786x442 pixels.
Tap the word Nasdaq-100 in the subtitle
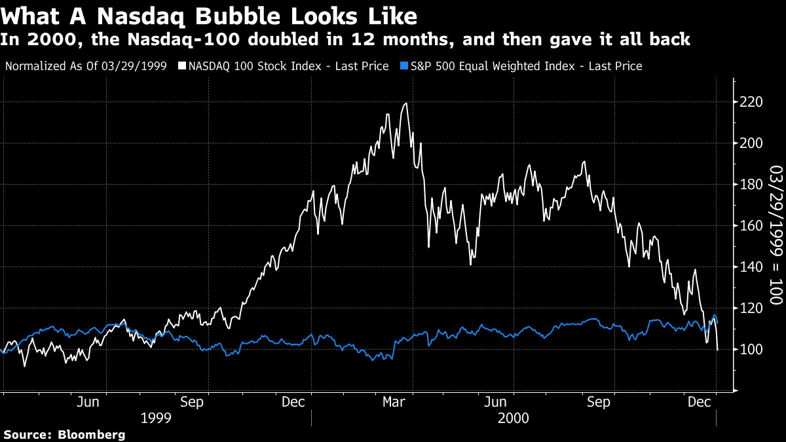[x=183, y=39]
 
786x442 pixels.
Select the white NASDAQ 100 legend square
[x=182, y=66]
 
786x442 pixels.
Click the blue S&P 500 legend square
[x=404, y=66]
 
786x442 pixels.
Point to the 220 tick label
[x=751, y=102]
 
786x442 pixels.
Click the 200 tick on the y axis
[x=751, y=143]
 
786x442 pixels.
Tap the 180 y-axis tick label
[x=751, y=185]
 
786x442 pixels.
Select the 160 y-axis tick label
[x=751, y=225]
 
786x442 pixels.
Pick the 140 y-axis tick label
[x=751, y=267]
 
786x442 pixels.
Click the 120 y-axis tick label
[x=751, y=308]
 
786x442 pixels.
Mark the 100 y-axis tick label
[x=751, y=350]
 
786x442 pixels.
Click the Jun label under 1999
[x=88, y=402]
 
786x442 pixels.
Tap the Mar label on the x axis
[x=394, y=402]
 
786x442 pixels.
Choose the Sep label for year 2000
[x=599, y=402]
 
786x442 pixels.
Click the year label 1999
[x=156, y=418]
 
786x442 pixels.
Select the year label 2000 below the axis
[x=514, y=418]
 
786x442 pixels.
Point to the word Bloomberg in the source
[x=91, y=435]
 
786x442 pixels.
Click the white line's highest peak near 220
[x=406, y=103]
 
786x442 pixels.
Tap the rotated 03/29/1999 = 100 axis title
[x=776, y=234]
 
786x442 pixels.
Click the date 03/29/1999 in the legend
[x=134, y=66]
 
